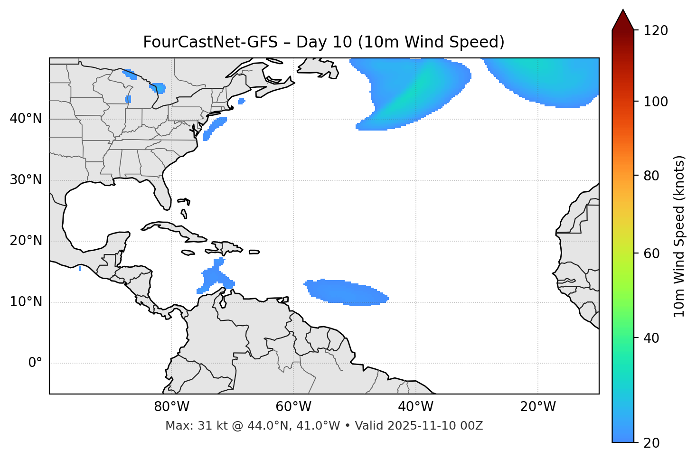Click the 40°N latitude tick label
26,119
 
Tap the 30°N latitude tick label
26,180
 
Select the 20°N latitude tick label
26,241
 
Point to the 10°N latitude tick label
26,302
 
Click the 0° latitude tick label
35,363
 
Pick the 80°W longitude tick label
171,407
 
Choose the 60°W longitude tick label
293,407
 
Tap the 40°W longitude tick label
415,407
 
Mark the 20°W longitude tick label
538,407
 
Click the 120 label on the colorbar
655,31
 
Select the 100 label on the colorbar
655,102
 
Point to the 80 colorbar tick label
652,176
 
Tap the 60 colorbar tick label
652,253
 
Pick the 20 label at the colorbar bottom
652,443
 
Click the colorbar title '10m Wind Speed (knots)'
679,236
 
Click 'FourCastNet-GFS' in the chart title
210,42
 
